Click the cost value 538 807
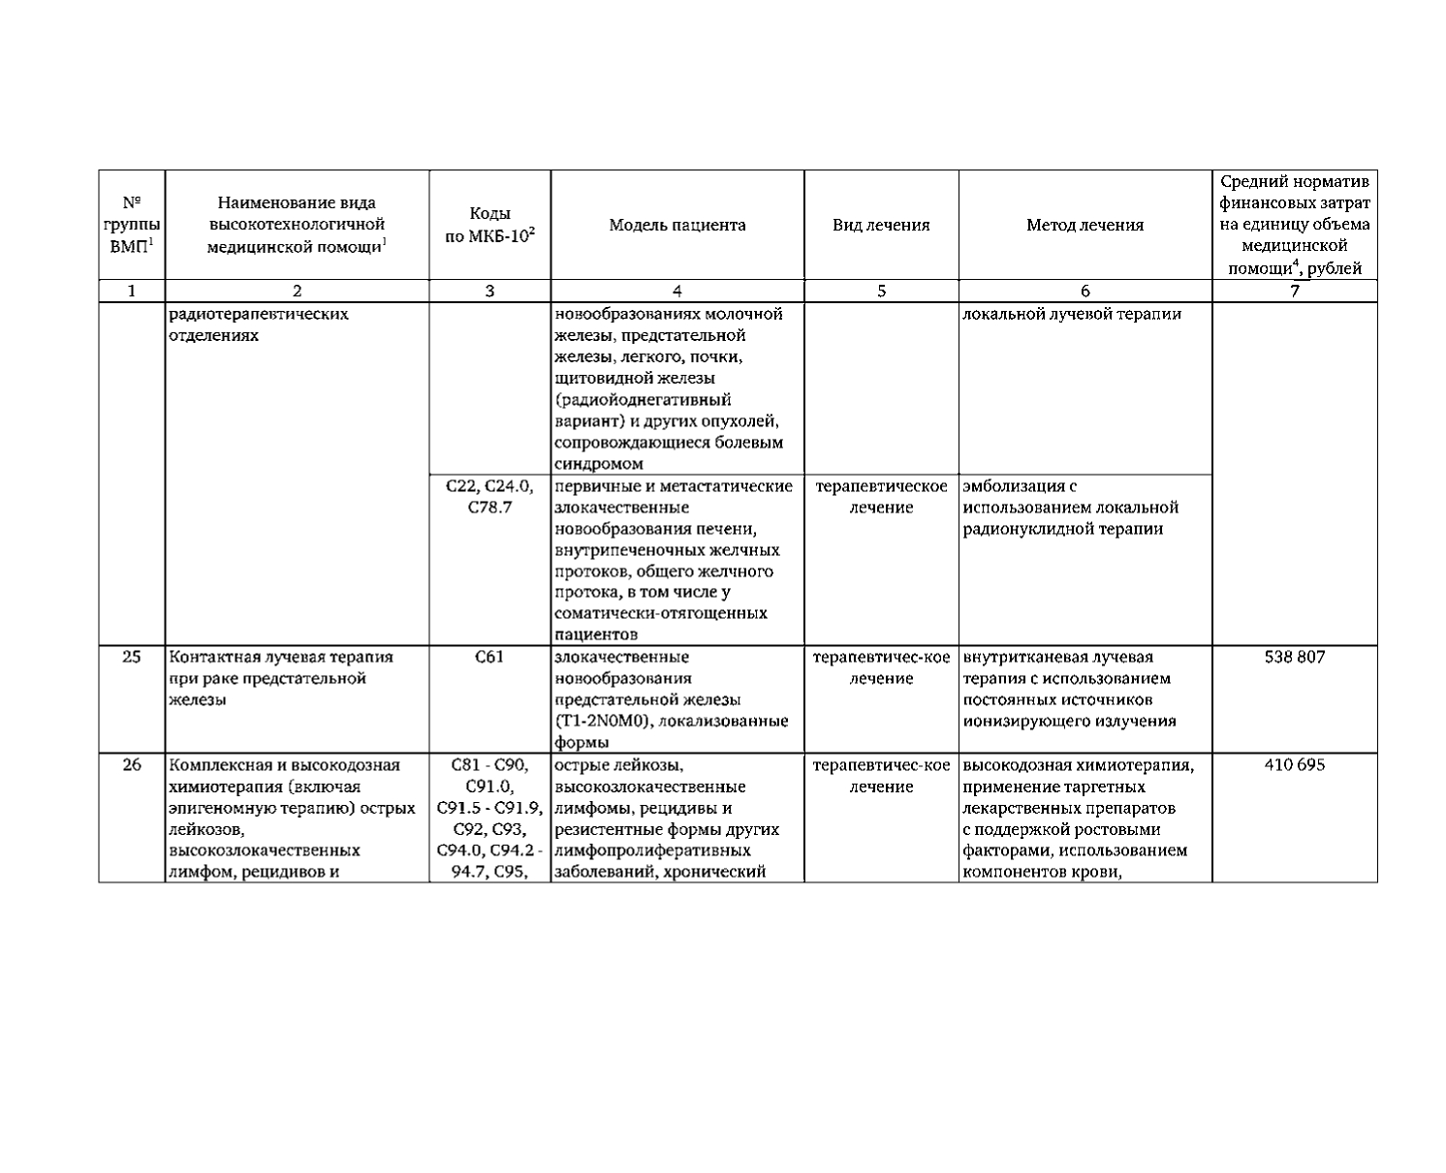(x=1294, y=657)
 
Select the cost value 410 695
(x=1294, y=765)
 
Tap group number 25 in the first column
(x=132, y=657)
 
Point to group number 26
(x=132, y=765)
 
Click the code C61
(x=489, y=657)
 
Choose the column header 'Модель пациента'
(x=677, y=226)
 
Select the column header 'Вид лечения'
(x=881, y=226)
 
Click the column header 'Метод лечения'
(x=1084, y=226)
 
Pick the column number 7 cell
(x=1294, y=291)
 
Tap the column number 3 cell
(x=489, y=291)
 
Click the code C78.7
(x=489, y=508)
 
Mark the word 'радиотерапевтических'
(x=259, y=314)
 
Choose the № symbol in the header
(x=132, y=203)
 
